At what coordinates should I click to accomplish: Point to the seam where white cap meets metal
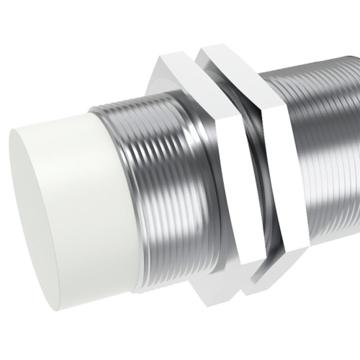(115, 180)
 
